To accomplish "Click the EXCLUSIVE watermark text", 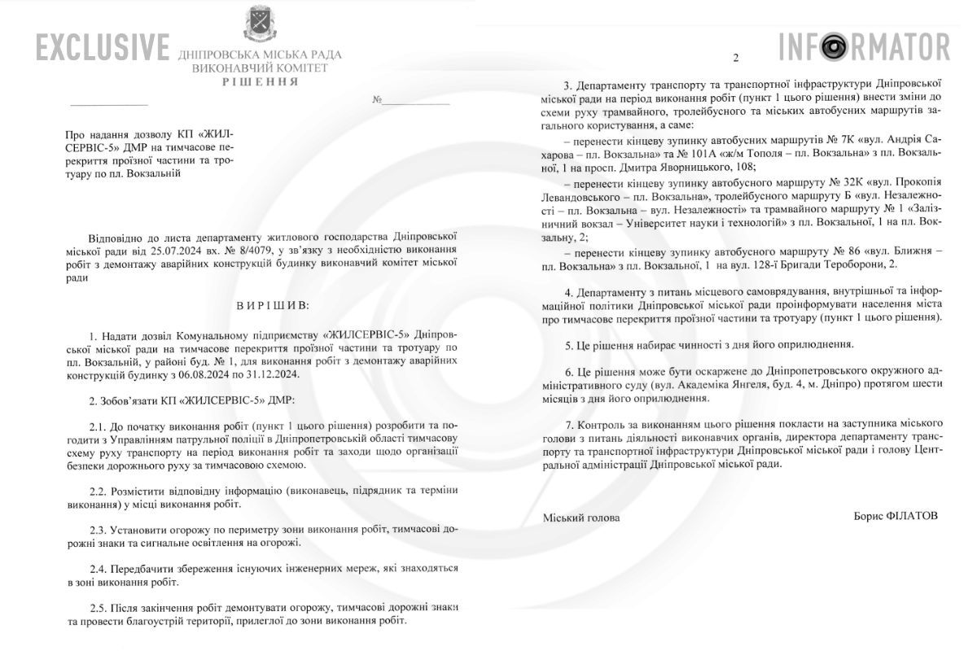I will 103,48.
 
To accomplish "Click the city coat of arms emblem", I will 259,24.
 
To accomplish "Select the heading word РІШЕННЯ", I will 261,82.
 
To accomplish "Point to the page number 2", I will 735,59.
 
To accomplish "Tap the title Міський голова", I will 581,518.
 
